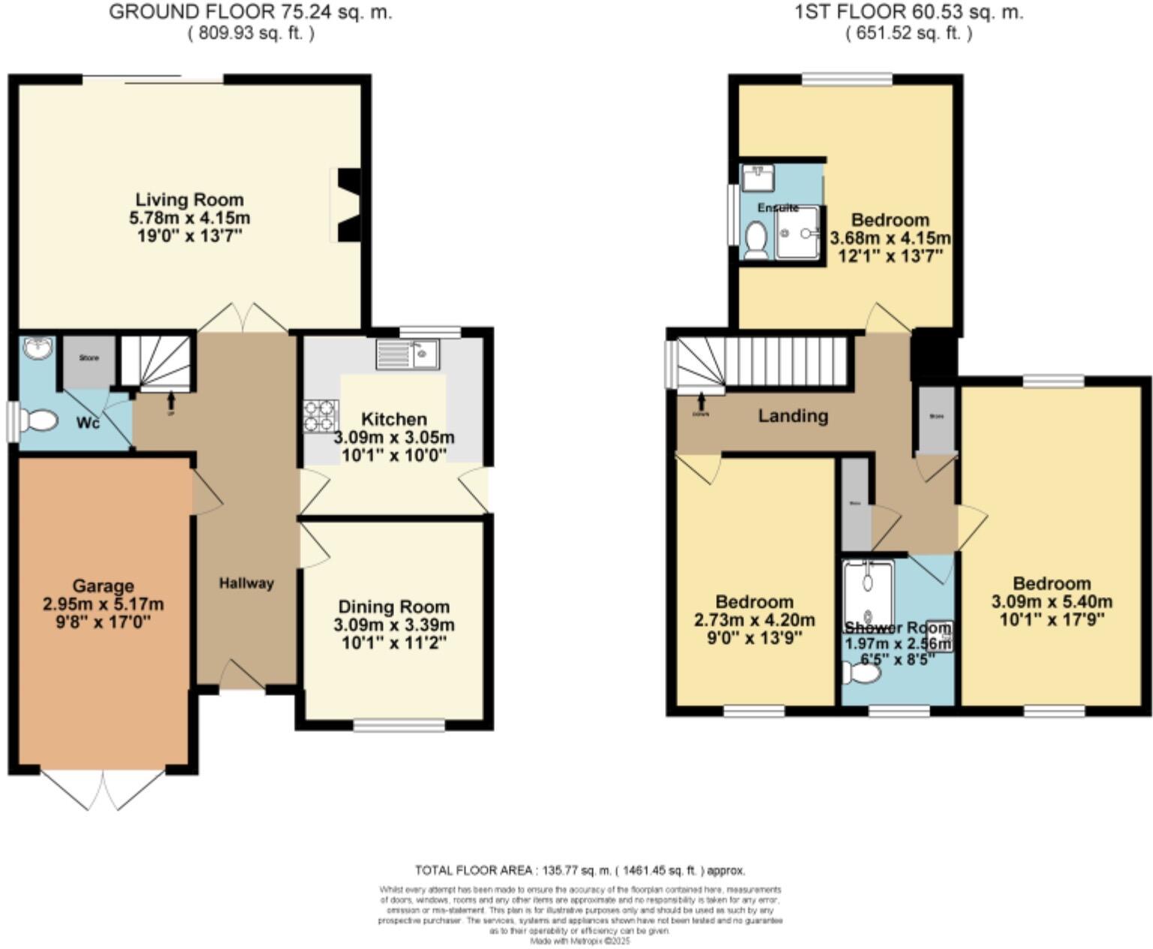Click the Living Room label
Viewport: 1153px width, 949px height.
tap(189, 200)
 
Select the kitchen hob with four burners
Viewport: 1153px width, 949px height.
tap(320, 416)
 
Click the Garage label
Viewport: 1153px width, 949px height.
tap(103, 586)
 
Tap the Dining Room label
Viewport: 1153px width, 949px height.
tap(393, 607)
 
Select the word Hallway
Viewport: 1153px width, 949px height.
tap(246, 583)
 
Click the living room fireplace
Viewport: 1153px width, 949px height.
tap(347, 205)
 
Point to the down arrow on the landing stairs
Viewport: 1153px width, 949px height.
tap(702, 400)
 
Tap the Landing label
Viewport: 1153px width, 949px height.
tap(793, 416)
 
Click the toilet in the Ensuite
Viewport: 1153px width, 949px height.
tap(756, 240)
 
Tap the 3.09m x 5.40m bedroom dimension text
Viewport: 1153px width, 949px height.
tap(1051, 601)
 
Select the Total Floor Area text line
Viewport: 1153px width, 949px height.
tap(580, 870)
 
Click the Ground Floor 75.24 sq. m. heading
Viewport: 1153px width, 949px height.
tap(250, 12)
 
